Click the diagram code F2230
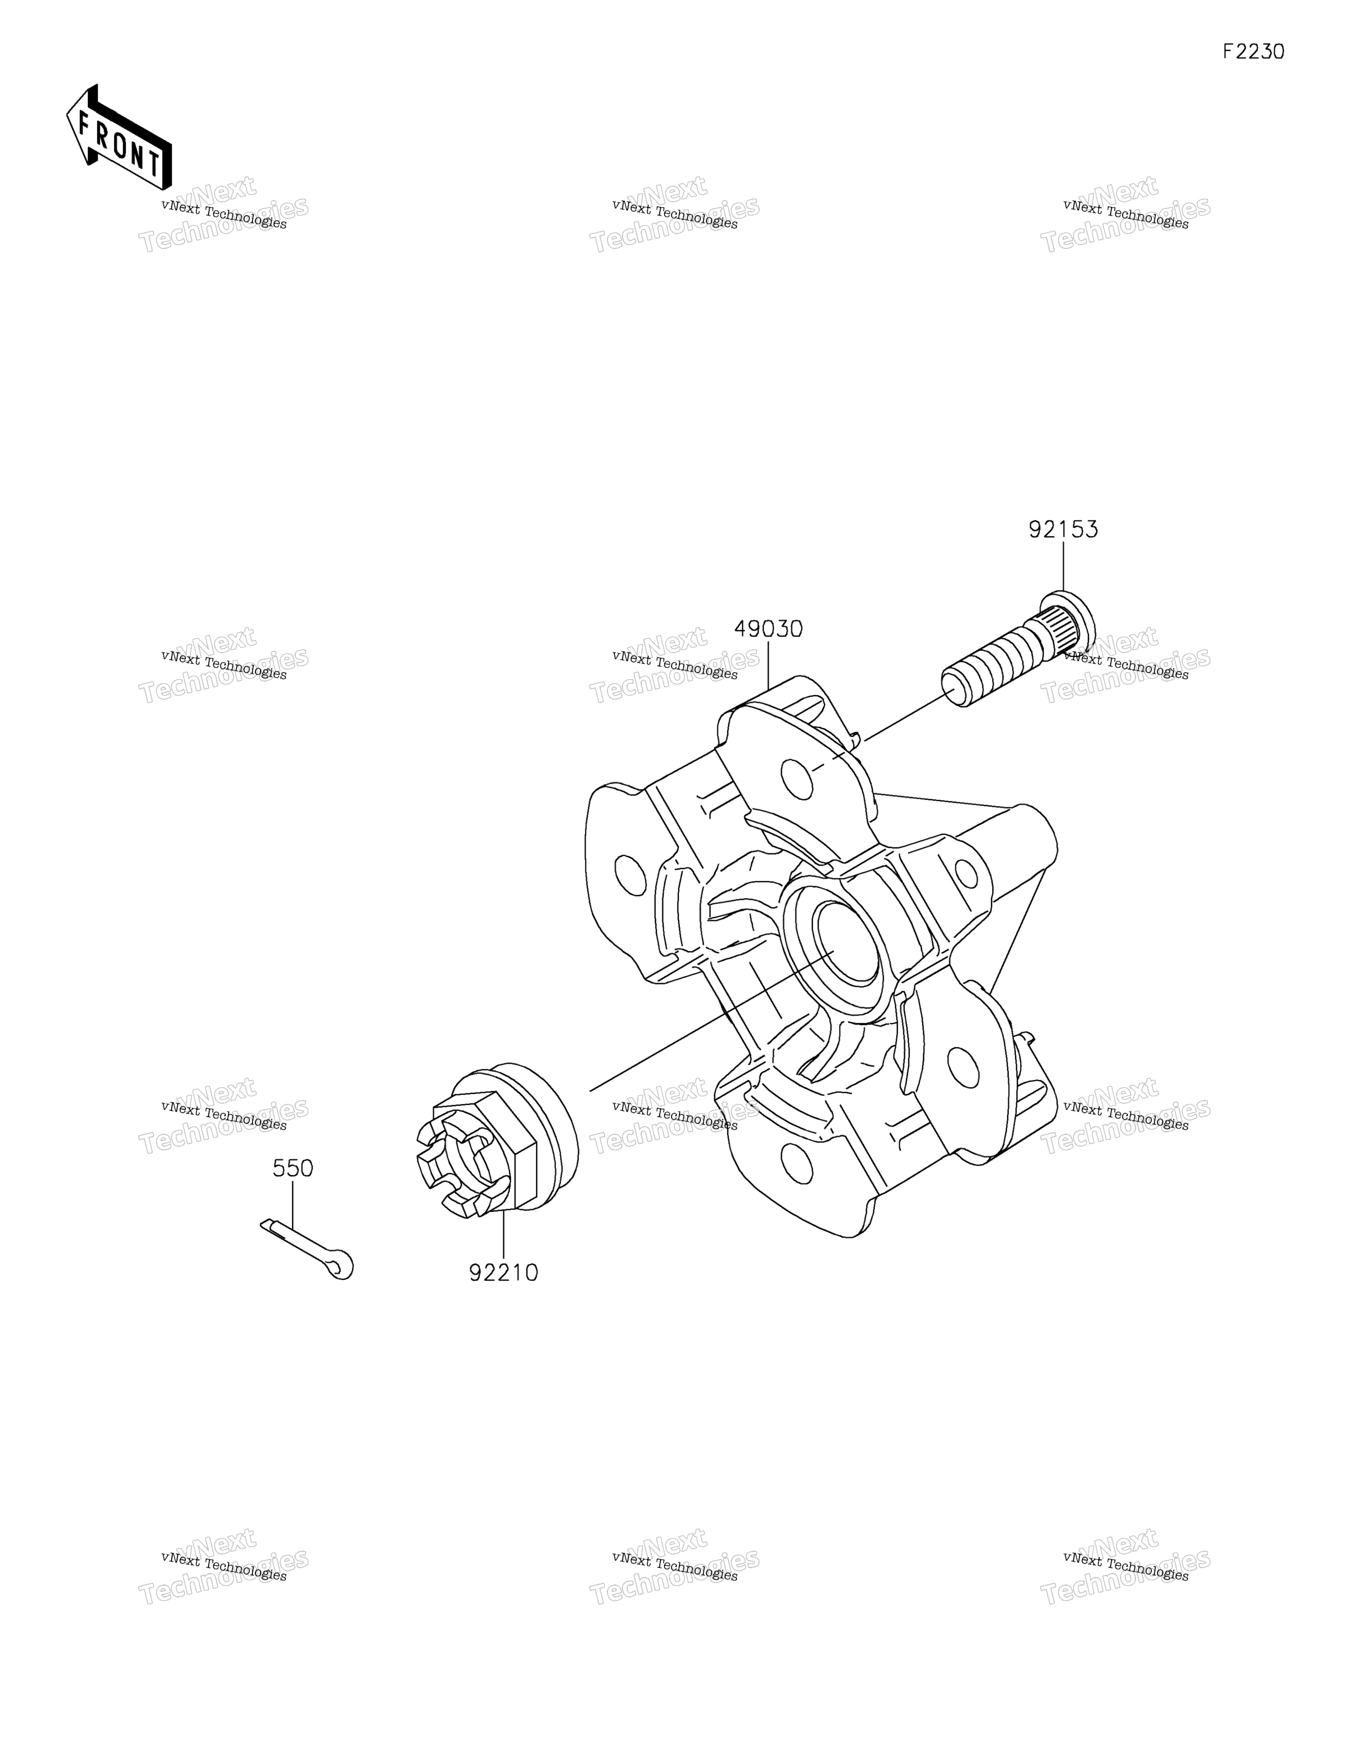[1254, 52]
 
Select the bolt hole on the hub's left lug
[630, 875]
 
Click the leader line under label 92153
[1063, 567]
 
